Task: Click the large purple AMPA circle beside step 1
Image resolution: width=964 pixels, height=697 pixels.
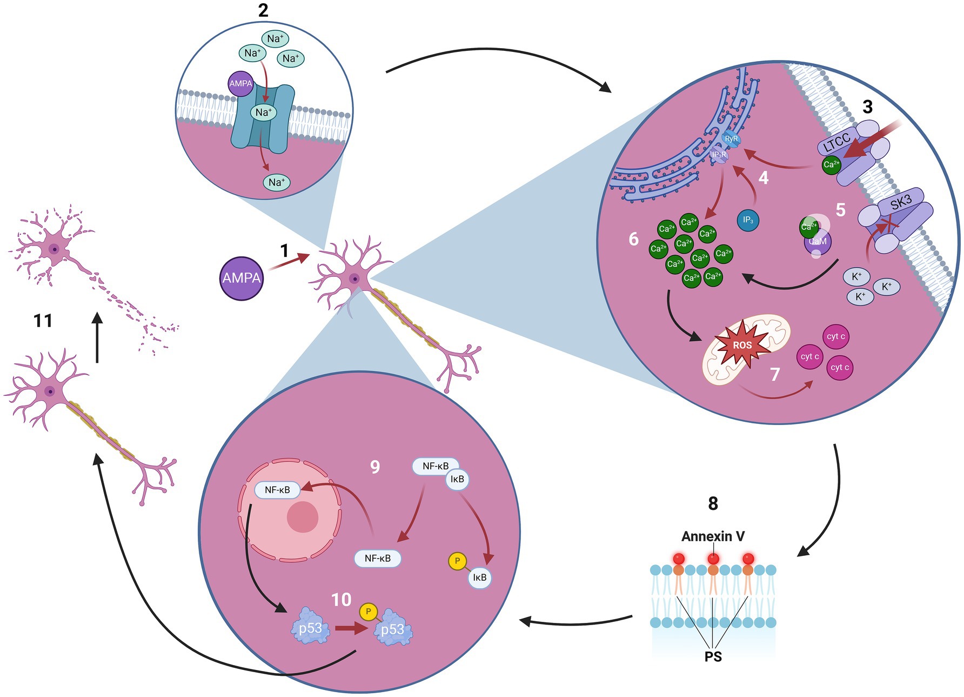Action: (x=242, y=278)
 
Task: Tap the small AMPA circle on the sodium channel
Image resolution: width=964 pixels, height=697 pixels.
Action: (x=240, y=83)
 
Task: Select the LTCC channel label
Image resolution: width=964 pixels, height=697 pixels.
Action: (x=837, y=142)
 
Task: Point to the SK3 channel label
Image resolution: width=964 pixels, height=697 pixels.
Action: (x=901, y=203)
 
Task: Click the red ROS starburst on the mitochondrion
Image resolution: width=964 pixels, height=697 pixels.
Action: (x=742, y=344)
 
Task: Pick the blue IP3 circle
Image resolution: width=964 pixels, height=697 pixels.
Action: (x=748, y=220)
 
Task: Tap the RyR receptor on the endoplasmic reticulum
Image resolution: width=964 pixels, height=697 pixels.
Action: (x=731, y=139)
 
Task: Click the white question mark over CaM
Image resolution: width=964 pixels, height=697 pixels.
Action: (x=819, y=233)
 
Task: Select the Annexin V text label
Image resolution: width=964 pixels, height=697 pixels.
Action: (x=713, y=536)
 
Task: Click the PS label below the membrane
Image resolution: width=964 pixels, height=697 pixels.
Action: (x=713, y=656)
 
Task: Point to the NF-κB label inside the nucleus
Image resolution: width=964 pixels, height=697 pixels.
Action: (x=277, y=490)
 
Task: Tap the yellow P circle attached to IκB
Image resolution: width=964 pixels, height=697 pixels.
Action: (x=457, y=561)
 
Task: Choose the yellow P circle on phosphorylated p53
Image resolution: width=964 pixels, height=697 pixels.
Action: (x=369, y=612)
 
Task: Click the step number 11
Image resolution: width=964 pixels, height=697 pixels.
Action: (x=43, y=321)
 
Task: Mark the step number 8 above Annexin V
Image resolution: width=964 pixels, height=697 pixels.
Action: (x=713, y=504)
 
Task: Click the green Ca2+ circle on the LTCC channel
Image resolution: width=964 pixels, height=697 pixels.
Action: (x=831, y=164)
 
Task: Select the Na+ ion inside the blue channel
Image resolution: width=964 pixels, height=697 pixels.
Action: (x=263, y=112)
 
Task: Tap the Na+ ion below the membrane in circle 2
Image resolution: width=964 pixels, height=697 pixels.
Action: (x=277, y=182)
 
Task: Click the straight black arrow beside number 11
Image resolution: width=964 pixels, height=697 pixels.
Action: (x=97, y=338)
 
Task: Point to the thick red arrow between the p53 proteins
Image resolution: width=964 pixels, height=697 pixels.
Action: (x=351, y=628)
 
